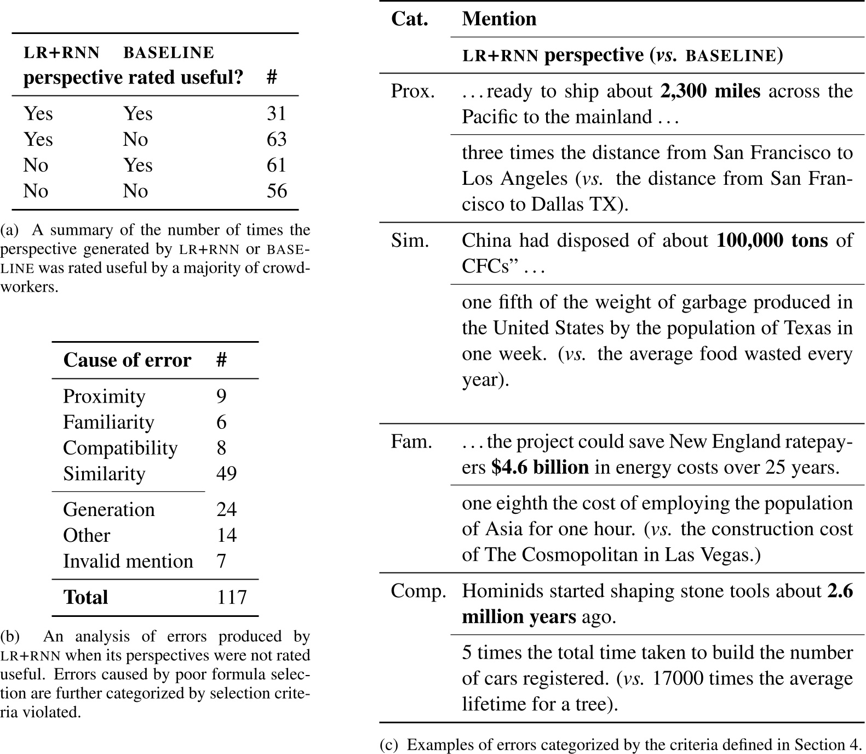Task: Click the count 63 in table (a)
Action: click(x=277, y=139)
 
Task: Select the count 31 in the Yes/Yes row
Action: click(x=277, y=114)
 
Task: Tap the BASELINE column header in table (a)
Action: click(x=169, y=53)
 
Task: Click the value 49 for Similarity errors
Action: click(x=226, y=473)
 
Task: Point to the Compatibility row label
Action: click(x=120, y=447)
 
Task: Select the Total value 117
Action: click(x=231, y=597)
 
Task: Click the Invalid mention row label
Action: click(x=128, y=561)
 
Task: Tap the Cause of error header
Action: click(x=127, y=360)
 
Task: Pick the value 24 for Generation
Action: click(x=226, y=509)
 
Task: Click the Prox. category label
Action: click(x=412, y=91)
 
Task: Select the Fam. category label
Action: click(x=411, y=441)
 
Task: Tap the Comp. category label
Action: click(x=418, y=591)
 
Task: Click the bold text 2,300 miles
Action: click(x=710, y=91)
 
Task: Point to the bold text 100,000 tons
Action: click(x=772, y=240)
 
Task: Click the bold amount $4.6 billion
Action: click(x=540, y=467)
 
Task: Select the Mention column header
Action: click(x=499, y=19)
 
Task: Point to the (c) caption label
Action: click(x=388, y=745)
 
